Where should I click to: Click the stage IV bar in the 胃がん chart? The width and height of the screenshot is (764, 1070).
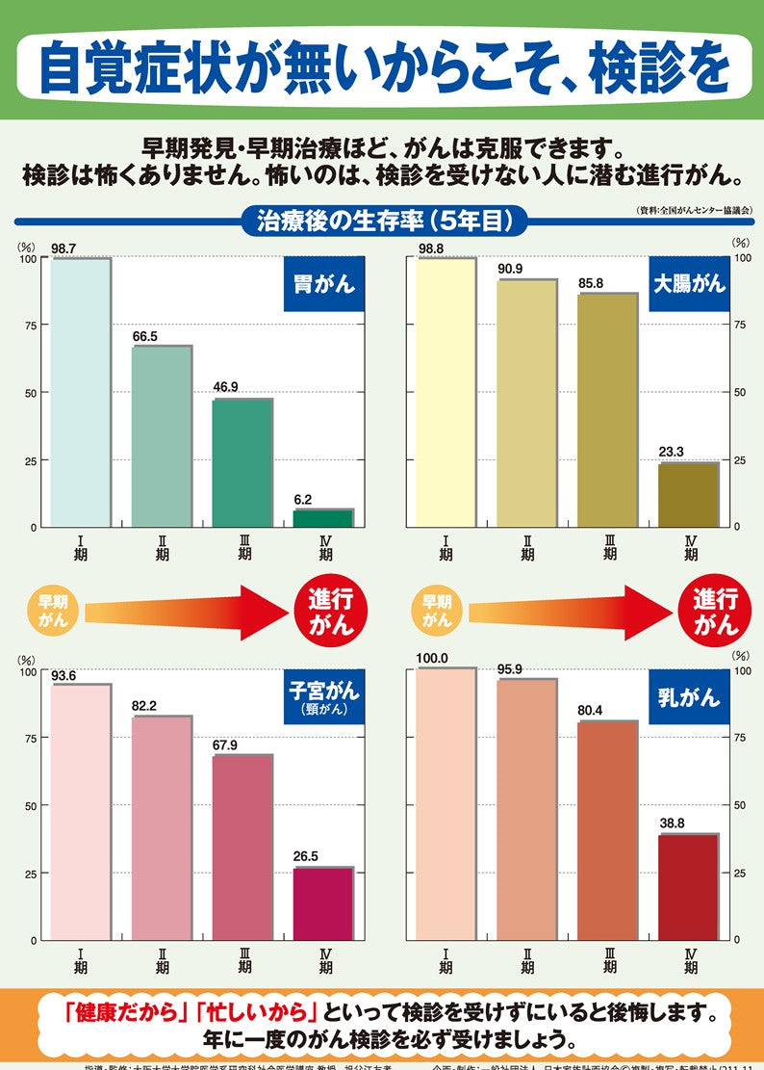[324, 518]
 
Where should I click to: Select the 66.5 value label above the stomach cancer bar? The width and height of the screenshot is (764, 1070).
[144, 336]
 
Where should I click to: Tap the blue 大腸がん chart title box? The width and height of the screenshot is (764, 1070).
[689, 284]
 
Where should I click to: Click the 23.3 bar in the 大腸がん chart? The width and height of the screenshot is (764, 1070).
[689, 495]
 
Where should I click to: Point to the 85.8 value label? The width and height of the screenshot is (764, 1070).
[591, 284]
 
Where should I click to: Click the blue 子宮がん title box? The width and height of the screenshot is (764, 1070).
[323, 697]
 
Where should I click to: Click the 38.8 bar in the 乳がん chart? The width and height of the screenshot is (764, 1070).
[689, 886]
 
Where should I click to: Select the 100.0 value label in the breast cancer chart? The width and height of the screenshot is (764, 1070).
[433, 659]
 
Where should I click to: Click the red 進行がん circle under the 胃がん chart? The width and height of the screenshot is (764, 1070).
[331, 613]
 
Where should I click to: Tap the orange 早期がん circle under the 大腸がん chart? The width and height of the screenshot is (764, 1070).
[437, 611]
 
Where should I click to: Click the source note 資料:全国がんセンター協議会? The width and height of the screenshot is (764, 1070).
[694, 209]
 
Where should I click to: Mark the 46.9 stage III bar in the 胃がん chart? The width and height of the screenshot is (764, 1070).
[242, 462]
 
